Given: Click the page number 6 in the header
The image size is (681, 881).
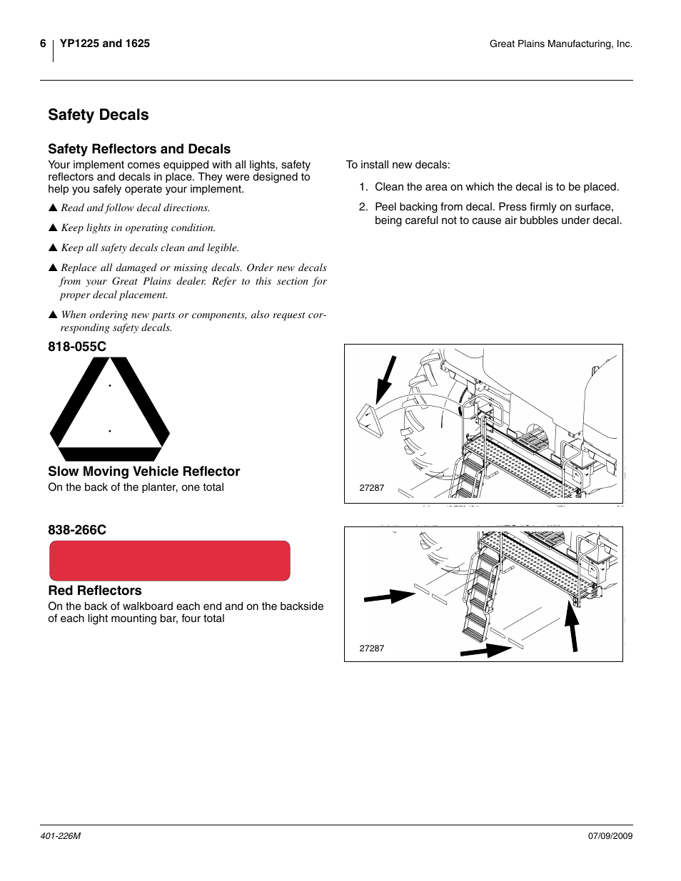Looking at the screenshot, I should (43, 44).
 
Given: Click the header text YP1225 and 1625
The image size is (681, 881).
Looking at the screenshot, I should (105, 44).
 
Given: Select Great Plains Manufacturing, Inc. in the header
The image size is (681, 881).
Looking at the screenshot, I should (560, 44).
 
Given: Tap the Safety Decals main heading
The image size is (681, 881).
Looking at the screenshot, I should (99, 115).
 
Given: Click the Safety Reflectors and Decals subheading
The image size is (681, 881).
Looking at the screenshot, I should (139, 149).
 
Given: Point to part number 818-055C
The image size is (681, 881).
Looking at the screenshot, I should (77, 347).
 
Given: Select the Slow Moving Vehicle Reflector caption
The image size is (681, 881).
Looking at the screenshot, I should (143, 472).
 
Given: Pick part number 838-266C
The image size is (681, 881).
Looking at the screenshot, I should (77, 530).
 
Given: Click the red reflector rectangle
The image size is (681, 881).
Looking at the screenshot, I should (169, 561).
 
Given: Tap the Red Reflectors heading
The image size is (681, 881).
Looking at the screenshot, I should (95, 591).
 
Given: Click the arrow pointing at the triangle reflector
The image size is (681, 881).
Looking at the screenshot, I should (385, 379).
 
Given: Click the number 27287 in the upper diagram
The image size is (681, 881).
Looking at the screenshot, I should (372, 488).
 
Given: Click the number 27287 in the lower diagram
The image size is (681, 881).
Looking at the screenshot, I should (372, 648).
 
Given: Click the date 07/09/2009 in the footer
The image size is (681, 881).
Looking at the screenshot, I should (610, 836).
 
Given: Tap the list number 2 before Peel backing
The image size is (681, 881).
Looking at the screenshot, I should (363, 207).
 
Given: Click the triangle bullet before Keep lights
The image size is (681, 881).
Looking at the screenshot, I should (52, 228).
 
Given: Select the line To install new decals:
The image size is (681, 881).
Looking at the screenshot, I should (398, 165).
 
